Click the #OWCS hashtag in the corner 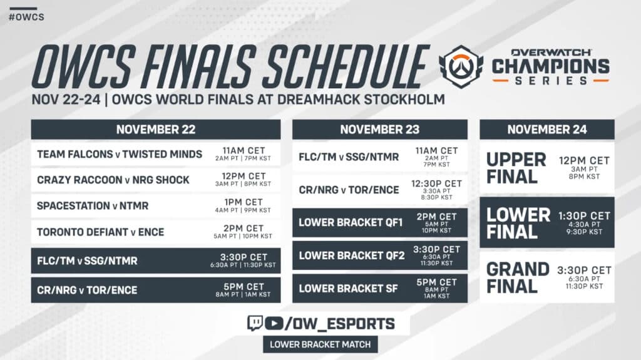pyautogui.click(x=26, y=16)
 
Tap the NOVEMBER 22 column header pyautogui.click(x=156, y=130)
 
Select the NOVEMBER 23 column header pyautogui.click(x=379, y=130)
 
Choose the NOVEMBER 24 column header pyautogui.click(x=546, y=130)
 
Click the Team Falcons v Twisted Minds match pyautogui.click(x=120, y=154)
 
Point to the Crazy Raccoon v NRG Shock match pyautogui.click(x=113, y=180)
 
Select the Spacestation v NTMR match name pyautogui.click(x=92, y=205)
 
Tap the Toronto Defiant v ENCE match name pyautogui.click(x=101, y=232)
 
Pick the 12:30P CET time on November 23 pyautogui.click(x=436, y=183)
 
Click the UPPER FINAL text pyautogui.click(x=516, y=168)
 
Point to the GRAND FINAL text pyautogui.click(x=518, y=278)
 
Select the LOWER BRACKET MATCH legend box pyautogui.click(x=320, y=344)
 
